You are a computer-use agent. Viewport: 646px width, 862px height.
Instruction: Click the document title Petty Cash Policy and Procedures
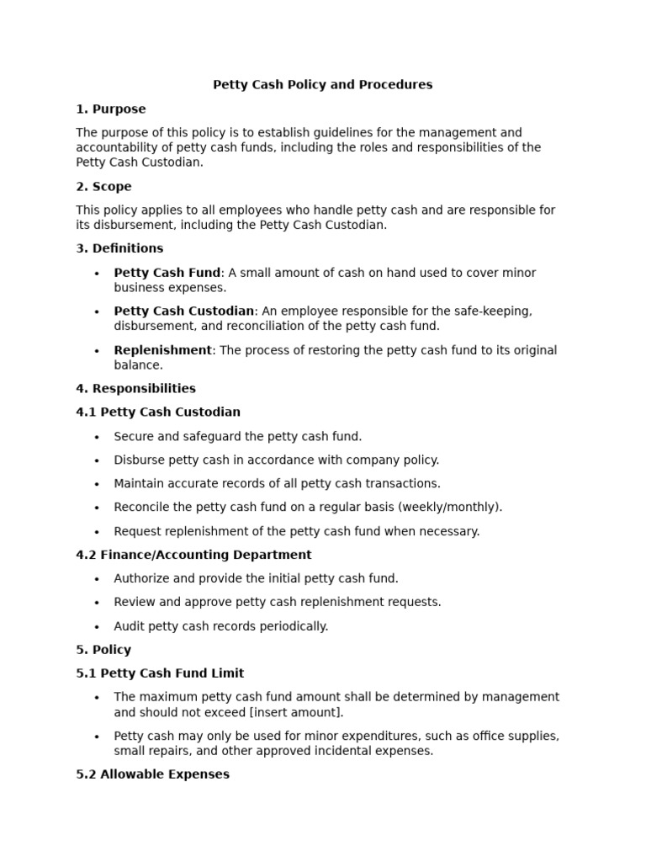322,85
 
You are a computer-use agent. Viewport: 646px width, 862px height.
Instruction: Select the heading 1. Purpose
110,109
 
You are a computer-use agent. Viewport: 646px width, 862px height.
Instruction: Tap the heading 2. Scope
103,187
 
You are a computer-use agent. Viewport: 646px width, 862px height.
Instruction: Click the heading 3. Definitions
119,248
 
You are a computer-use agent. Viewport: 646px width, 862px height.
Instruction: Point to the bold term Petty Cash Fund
167,273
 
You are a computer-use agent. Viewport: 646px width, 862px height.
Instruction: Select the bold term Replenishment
162,350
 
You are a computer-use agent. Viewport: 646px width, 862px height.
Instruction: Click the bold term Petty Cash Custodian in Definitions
183,311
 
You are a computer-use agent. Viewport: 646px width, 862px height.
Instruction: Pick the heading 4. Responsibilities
135,389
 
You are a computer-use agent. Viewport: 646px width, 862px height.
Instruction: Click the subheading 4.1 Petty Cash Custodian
158,412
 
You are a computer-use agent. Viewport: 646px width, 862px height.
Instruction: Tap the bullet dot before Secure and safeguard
97,437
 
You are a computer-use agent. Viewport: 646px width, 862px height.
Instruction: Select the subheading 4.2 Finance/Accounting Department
193,556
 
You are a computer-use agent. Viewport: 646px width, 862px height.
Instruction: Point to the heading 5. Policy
103,650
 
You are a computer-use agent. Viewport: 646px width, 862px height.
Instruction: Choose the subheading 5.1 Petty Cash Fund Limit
160,673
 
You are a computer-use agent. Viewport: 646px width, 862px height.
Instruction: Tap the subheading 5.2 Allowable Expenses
152,774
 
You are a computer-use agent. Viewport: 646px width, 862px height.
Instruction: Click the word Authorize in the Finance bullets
142,579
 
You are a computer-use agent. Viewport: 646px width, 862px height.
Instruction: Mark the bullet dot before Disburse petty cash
97,461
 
